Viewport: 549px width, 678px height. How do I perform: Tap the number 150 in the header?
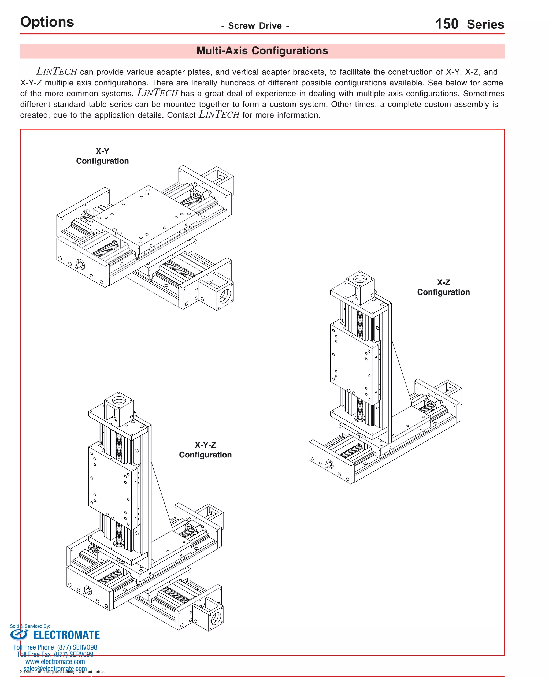pos(446,24)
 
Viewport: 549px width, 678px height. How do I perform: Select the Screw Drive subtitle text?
pos(255,26)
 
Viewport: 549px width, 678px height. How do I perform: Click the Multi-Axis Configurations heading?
pos(262,51)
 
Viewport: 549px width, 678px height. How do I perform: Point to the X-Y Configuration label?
pos(102,156)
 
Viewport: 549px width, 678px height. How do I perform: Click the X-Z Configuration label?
pos(443,287)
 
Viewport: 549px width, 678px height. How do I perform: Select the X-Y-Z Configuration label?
pos(205,450)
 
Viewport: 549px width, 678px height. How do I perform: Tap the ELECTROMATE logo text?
pos(66,635)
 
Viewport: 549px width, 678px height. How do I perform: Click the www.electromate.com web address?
pos(55,662)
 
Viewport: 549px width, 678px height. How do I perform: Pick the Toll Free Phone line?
pos(55,647)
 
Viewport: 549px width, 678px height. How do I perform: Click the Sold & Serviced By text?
pos(30,626)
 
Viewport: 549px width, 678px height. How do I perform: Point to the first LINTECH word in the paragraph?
pos(57,72)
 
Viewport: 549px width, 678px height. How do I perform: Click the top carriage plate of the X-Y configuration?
pos(144,218)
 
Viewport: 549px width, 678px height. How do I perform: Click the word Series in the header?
pos(485,25)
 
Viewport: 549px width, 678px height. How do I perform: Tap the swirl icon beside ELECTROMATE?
pos(19,635)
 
